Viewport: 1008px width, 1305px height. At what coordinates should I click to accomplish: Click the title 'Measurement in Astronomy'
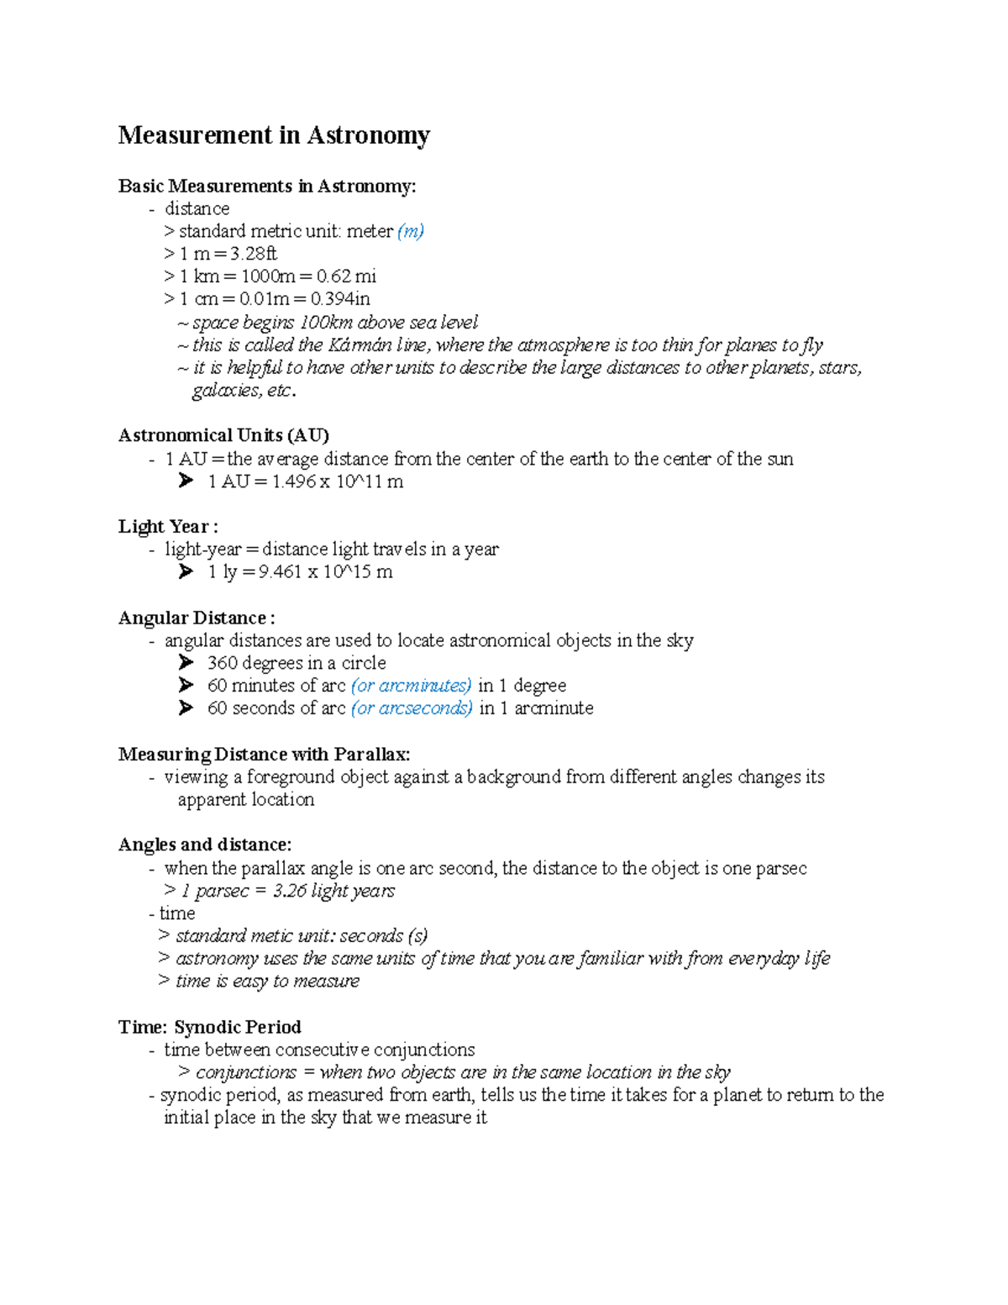coord(274,135)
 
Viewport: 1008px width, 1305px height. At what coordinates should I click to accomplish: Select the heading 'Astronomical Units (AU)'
coord(223,435)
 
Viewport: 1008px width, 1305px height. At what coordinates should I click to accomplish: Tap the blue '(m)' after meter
coord(411,231)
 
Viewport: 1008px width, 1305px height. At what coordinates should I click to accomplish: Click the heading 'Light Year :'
coord(168,527)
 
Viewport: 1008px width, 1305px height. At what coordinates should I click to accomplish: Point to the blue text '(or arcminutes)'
coord(411,686)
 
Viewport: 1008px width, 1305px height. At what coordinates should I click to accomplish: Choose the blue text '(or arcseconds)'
coord(412,708)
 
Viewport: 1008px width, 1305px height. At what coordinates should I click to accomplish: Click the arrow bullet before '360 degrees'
coord(186,663)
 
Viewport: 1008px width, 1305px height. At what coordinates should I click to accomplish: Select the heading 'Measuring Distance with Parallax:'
coord(264,754)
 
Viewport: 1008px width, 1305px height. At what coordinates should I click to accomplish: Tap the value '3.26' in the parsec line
coord(289,891)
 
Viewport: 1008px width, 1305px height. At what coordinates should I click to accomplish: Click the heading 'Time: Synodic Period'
coord(209,1027)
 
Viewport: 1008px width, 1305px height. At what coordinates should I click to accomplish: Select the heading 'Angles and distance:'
coord(205,845)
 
